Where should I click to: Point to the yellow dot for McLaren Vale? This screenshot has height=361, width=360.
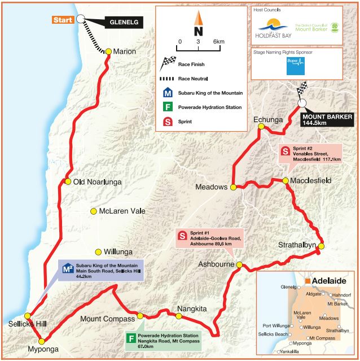point(94,211)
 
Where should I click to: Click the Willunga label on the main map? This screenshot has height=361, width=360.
point(120,251)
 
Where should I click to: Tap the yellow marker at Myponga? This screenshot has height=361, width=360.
point(41,340)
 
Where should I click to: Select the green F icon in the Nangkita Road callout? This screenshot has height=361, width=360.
point(131,339)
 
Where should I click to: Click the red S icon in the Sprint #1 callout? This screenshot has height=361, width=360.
point(182,236)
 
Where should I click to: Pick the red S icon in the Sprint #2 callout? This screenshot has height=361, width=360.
point(286,151)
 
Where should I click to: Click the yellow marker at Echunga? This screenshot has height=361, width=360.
point(262,127)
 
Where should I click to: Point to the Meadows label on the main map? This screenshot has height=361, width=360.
point(210,187)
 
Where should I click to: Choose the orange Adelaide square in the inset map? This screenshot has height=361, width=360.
point(308,280)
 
